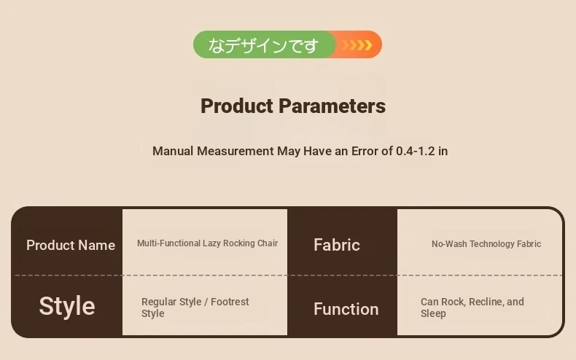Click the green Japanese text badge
[263, 44]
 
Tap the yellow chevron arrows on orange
[357, 44]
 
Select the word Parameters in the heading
[332, 106]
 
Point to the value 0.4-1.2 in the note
[415, 151]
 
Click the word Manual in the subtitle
[173, 151]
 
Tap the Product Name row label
[71, 245]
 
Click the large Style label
[67, 305]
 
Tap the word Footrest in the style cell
[230, 302]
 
